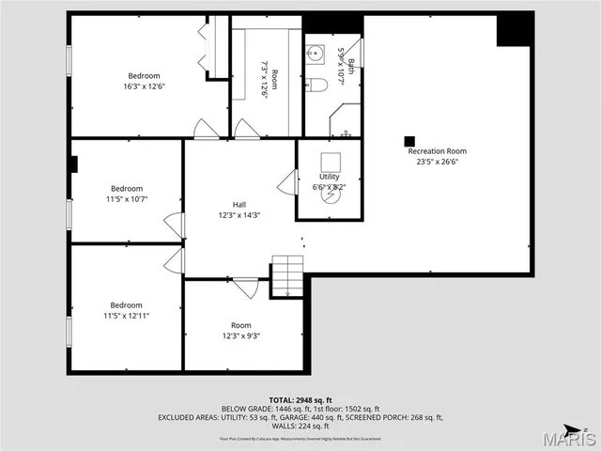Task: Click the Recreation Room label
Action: pos(437,151)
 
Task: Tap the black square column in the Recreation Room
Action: pos(409,141)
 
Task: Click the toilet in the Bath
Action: pos(316,85)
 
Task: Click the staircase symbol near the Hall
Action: pos(286,277)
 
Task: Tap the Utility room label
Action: pos(329,177)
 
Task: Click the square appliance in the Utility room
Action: pos(331,161)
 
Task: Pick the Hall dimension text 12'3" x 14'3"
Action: pos(239,215)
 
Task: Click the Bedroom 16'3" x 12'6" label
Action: pos(144,81)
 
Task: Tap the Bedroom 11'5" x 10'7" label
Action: pos(127,194)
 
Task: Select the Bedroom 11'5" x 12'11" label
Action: pos(127,310)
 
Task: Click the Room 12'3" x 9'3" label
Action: pos(241,330)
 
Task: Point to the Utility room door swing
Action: pos(288,181)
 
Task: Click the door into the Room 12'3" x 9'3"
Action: pos(245,288)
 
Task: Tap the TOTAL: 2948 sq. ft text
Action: pos(300,399)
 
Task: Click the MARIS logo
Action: pos(572,438)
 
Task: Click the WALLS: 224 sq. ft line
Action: pos(300,426)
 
